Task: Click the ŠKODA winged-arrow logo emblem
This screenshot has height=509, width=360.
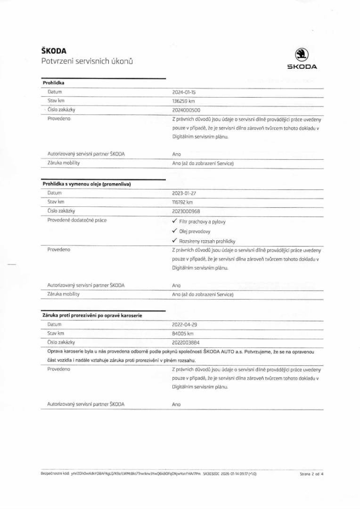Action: click(x=302, y=54)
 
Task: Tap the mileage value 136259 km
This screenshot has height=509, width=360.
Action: click(x=184, y=101)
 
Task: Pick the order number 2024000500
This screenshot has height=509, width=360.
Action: click(x=186, y=110)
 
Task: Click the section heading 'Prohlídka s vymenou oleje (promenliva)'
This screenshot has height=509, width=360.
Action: click(x=86, y=184)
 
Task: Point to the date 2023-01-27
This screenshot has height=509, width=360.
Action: click(x=184, y=193)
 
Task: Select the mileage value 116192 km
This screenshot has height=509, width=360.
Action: click(x=183, y=202)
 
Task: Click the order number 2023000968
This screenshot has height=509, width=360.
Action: click(x=186, y=211)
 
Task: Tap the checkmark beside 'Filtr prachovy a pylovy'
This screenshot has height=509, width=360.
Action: click(x=174, y=221)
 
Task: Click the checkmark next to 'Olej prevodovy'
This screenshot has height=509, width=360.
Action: click(x=174, y=231)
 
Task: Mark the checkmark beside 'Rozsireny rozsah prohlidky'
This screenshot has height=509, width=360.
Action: click(x=174, y=241)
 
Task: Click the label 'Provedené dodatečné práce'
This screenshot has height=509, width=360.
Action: click(x=77, y=220)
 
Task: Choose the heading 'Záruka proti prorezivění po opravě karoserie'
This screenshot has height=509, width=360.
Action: click(x=92, y=315)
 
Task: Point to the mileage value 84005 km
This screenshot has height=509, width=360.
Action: click(x=183, y=333)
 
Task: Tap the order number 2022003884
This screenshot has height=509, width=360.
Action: click(x=186, y=342)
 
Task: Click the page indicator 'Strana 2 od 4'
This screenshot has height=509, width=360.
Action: click(x=311, y=474)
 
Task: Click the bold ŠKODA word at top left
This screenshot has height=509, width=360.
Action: click(x=53, y=51)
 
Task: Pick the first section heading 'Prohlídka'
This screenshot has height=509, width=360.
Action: click(x=53, y=83)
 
